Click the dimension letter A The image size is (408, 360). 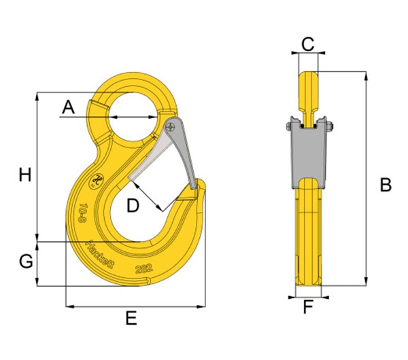pyautogui.click(x=67, y=107)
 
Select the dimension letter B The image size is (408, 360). pyautogui.click(x=385, y=184)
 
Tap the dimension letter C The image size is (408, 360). pyautogui.click(x=307, y=45)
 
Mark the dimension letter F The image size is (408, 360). pyautogui.click(x=308, y=308)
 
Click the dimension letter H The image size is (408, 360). pyautogui.click(x=25, y=175)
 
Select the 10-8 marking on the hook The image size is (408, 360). pyautogui.click(x=82, y=213)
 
